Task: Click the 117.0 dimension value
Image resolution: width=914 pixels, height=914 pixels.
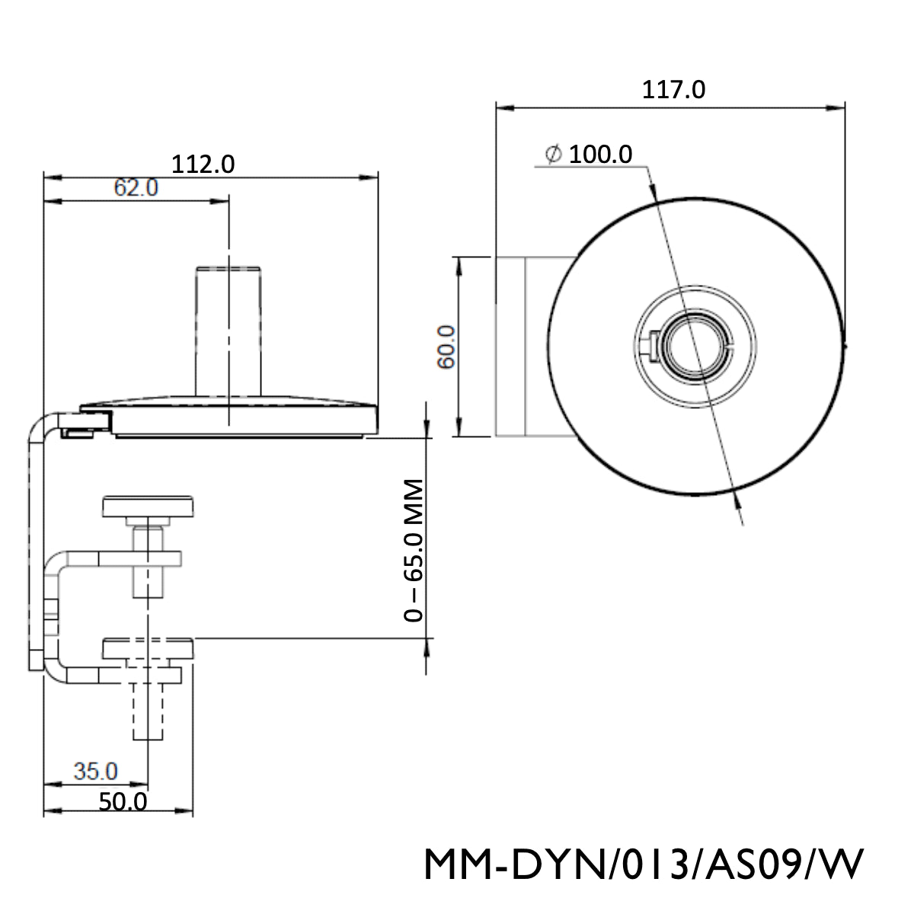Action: [673, 90]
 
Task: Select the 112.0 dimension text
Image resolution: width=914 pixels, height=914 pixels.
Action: [203, 163]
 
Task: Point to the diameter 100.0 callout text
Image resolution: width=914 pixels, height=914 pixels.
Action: [601, 155]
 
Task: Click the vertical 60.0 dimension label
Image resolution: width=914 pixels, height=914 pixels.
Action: [446, 347]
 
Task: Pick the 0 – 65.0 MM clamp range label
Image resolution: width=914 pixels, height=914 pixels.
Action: [413, 550]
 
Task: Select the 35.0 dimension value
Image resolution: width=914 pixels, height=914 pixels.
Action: [96, 771]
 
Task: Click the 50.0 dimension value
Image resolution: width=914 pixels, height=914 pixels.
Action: [122, 801]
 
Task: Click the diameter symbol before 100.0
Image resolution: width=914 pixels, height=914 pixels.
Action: [554, 155]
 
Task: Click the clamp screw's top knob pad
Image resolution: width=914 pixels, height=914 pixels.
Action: [149, 506]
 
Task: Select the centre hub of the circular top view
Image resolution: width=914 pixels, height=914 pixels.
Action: [692, 347]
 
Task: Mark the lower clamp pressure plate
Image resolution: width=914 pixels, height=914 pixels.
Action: [149, 649]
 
